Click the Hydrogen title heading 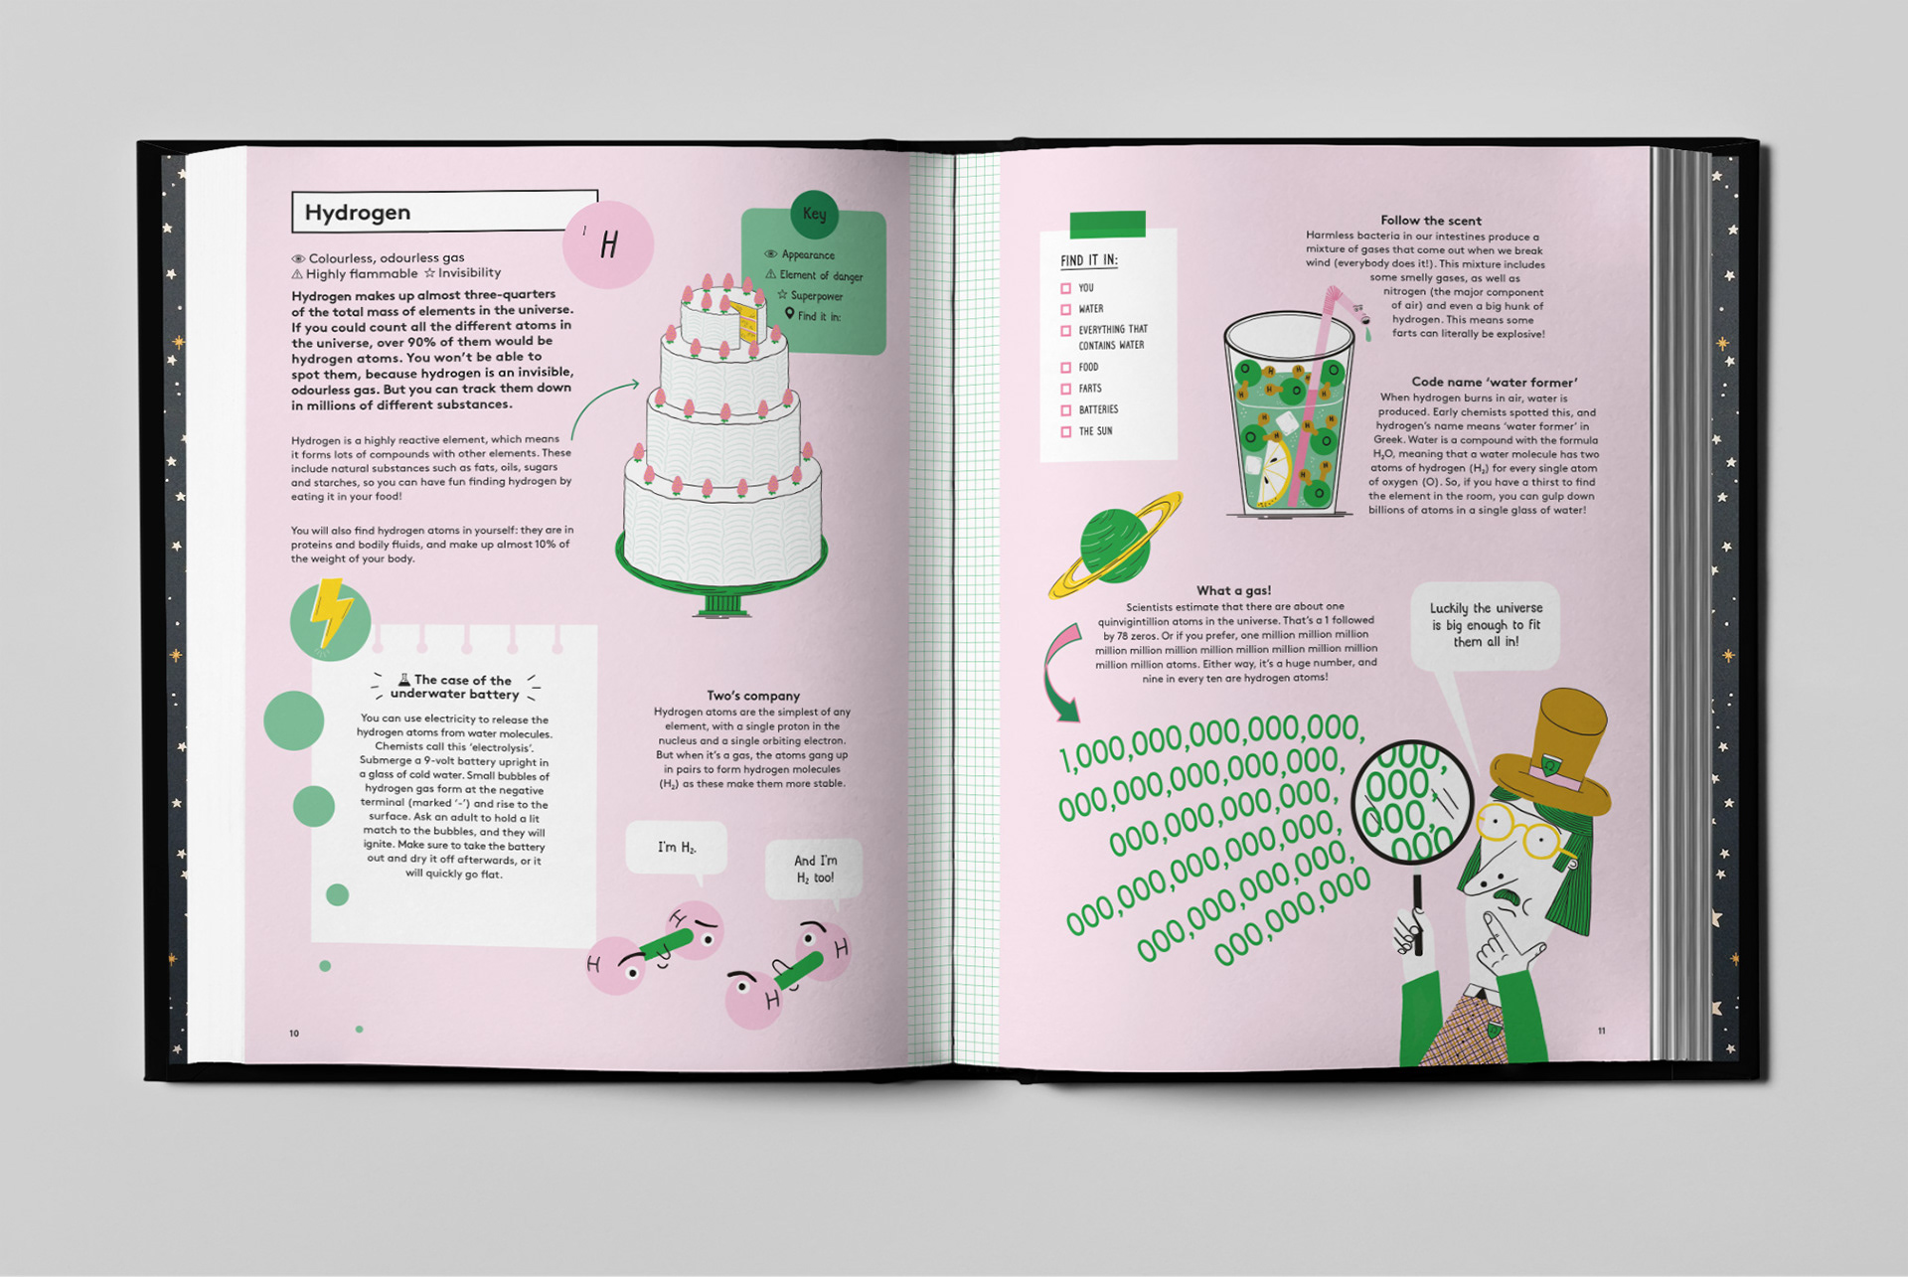click(x=358, y=213)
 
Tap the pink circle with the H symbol click(x=608, y=243)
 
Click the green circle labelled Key click(x=814, y=214)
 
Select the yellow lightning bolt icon click(x=329, y=613)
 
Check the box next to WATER click(x=1065, y=309)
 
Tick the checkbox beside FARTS click(x=1065, y=389)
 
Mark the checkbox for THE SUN click(x=1065, y=431)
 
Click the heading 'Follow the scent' click(x=1430, y=221)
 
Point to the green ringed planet click(x=1116, y=546)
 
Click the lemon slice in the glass click(x=1273, y=472)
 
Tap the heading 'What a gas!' click(x=1233, y=590)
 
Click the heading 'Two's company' click(x=753, y=696)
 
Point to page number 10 click(x=294, y=1034)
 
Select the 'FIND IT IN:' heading click(x=1089, y=260)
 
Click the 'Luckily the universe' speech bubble click(x=1486, y=626)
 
